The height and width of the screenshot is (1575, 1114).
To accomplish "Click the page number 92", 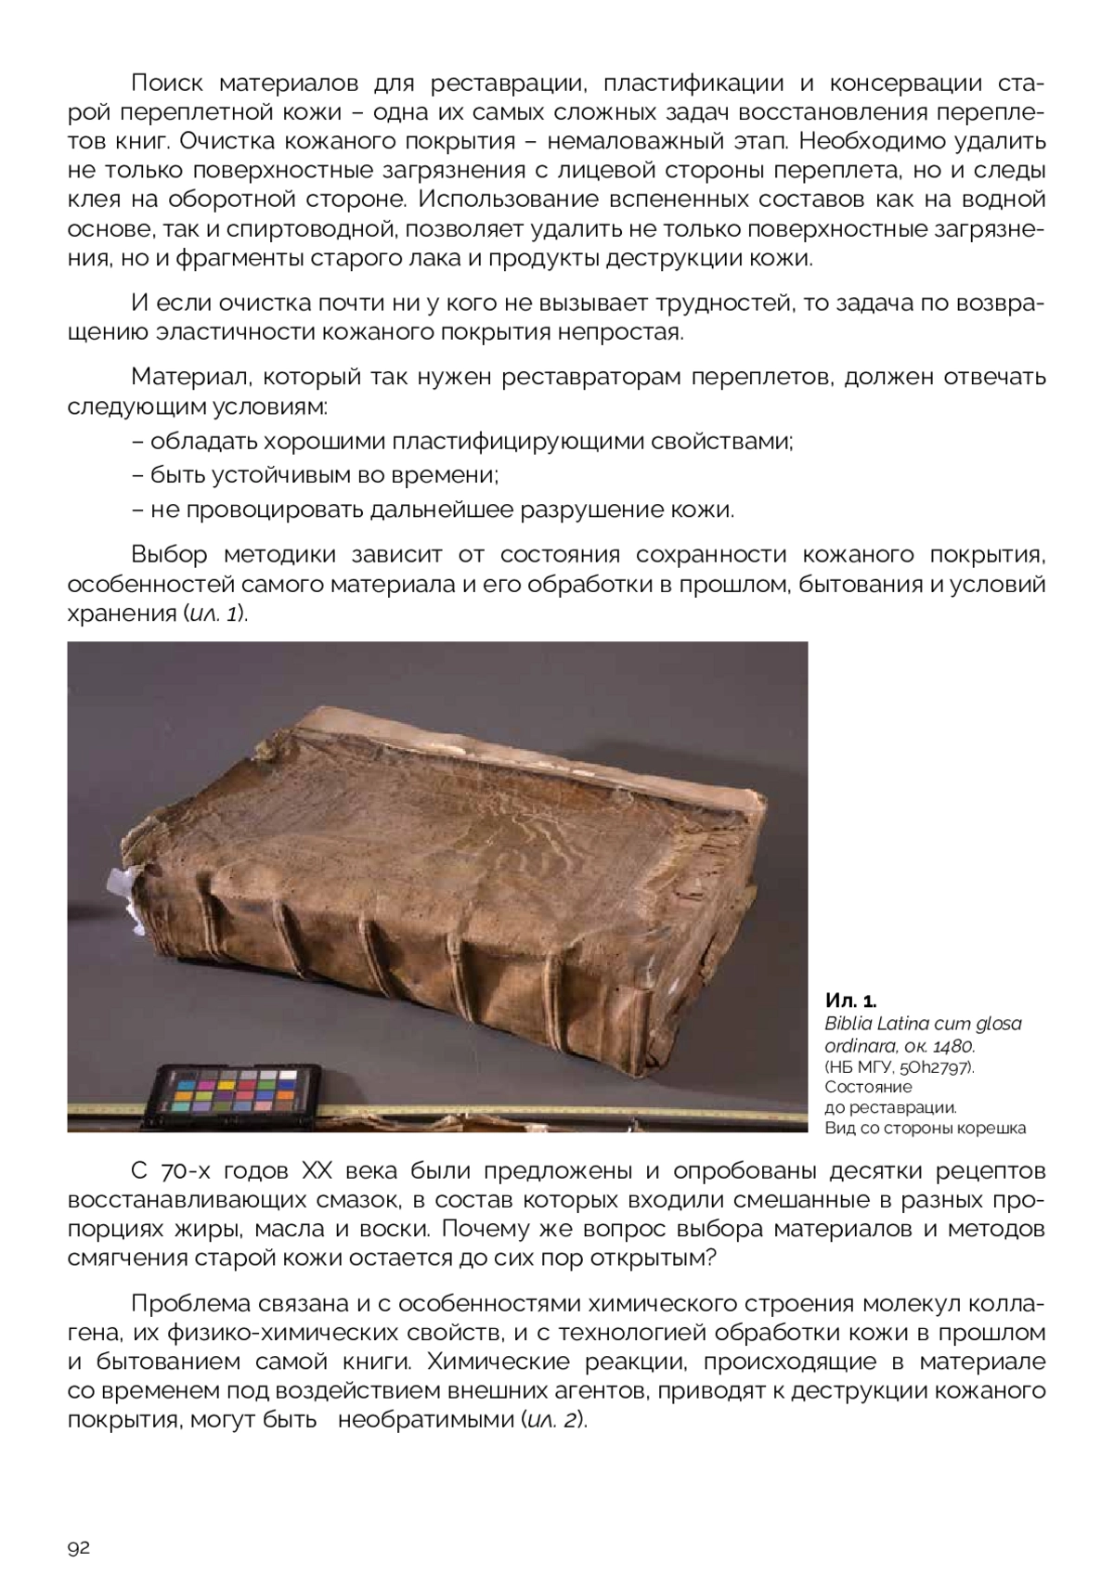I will coord(78,1547).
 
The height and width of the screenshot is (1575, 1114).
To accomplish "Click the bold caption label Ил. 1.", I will coord(849,1001).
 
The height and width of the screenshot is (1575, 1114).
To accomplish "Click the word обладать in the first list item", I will coord(204,441).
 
